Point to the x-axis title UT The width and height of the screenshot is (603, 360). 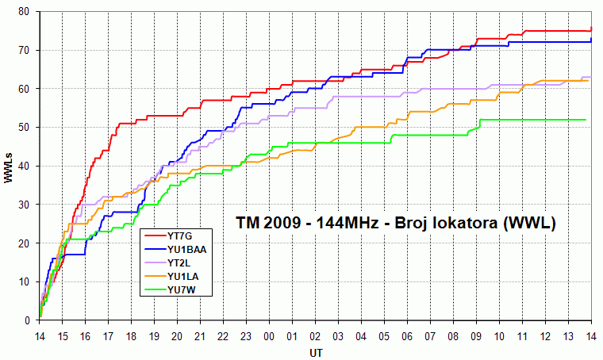(316, 351)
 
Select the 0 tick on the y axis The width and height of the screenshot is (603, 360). (27, 320)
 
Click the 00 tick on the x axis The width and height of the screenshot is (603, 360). (270, 336)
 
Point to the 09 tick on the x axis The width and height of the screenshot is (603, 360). (477, 336)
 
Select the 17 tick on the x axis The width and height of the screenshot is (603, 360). (109, 336)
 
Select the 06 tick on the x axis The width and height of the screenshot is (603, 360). (408, 336)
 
